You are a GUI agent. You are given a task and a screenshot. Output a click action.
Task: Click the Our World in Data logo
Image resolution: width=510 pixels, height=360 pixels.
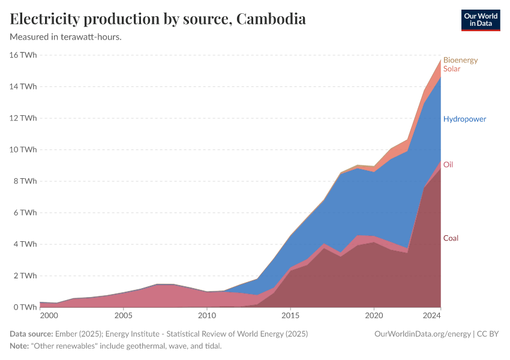point(480,20)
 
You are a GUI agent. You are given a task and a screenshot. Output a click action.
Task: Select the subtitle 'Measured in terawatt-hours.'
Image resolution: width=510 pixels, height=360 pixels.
point(66,37)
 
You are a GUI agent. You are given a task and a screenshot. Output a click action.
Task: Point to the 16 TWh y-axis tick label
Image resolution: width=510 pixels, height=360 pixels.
point(23,55)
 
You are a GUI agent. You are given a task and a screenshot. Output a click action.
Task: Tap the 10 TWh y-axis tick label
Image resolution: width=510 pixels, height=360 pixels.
point(23,149)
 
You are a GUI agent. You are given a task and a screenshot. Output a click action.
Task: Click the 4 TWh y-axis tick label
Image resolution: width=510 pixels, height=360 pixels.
point(25,244)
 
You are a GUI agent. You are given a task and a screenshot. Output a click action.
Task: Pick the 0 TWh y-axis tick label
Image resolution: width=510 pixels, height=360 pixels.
point(25,307)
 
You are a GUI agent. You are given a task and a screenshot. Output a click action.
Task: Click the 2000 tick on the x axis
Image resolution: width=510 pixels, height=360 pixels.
point(49,315)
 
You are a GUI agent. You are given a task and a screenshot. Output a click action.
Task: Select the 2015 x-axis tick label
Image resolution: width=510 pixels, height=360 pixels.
point(290,315)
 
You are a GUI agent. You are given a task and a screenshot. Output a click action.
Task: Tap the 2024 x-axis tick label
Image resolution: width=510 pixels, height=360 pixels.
point(431,315)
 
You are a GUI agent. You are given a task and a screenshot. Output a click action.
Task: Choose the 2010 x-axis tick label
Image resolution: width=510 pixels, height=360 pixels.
point(207,315)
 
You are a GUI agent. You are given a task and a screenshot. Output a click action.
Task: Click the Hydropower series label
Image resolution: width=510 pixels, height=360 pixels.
point(464,119)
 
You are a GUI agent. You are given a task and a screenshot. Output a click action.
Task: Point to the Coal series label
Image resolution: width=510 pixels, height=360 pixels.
point(451,238)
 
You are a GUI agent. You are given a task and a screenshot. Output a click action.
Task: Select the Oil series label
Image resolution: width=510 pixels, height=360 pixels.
point(448,164)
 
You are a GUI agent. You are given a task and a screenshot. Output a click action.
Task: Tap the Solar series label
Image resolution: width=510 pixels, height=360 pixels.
point(452,69)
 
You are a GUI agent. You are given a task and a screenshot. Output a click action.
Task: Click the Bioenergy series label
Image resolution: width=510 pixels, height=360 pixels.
point(460,60)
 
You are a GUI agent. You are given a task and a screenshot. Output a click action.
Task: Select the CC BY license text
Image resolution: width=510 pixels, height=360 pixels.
point(488,334)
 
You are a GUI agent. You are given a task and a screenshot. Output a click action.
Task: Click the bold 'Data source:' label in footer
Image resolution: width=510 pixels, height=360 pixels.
point(31,334)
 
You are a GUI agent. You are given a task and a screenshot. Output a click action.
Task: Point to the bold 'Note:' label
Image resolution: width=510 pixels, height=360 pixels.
point(20,346)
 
